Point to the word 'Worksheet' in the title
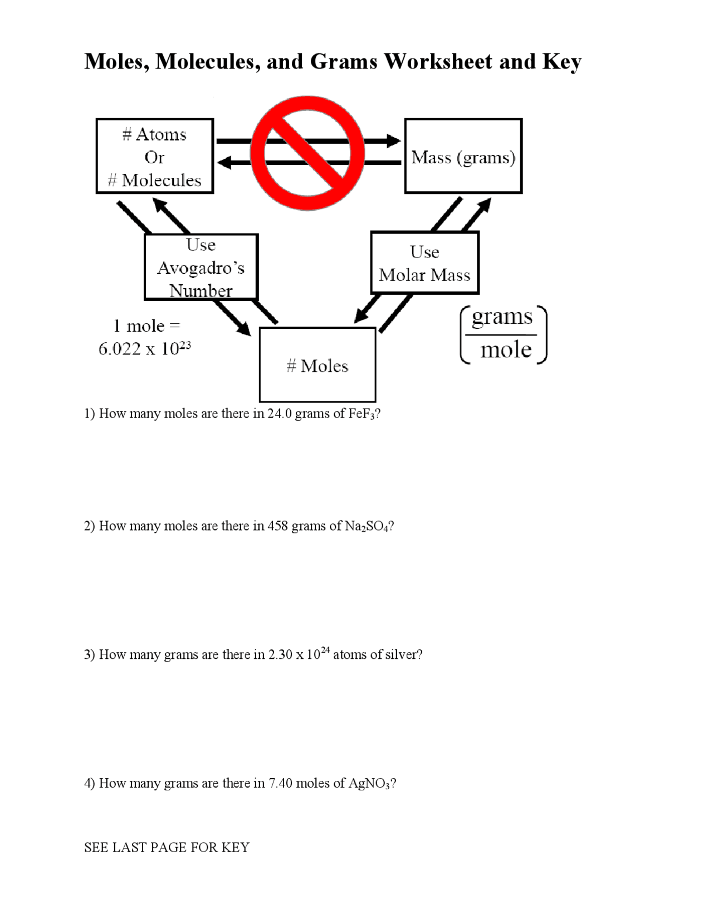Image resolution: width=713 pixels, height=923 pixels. tap(438, 62)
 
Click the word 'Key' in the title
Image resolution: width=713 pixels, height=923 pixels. tap(561, 62)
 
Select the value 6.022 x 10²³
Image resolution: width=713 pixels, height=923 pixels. tap(145, 349)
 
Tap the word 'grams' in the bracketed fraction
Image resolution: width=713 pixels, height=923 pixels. tap(502, 317)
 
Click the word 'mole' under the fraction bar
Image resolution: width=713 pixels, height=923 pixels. tap(505, 349)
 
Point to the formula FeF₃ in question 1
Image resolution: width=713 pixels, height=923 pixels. tap(361, 414)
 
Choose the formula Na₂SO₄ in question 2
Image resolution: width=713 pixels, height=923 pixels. tap(367, 526)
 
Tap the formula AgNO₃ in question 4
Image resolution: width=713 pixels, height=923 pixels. tap(369, 783)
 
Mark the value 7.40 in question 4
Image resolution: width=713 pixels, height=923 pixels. tap(281, 783)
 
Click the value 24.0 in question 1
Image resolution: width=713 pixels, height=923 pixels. tap(279, 414)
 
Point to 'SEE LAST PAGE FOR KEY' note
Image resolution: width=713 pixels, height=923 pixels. tap(167, 847)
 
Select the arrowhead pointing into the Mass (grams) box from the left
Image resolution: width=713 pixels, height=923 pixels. tap(393, 140)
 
